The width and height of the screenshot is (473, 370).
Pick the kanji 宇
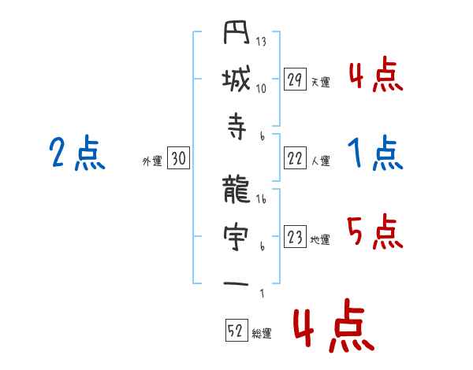coord(236,237)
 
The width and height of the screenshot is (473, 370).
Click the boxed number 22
coord(295,158)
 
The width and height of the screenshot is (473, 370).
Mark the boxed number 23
coord(295,237)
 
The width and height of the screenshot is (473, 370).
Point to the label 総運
coord(262,334)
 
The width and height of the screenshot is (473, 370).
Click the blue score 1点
coord(375,154)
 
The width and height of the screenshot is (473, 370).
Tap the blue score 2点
coord(76,154)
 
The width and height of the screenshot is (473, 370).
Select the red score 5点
coord(375,232)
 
